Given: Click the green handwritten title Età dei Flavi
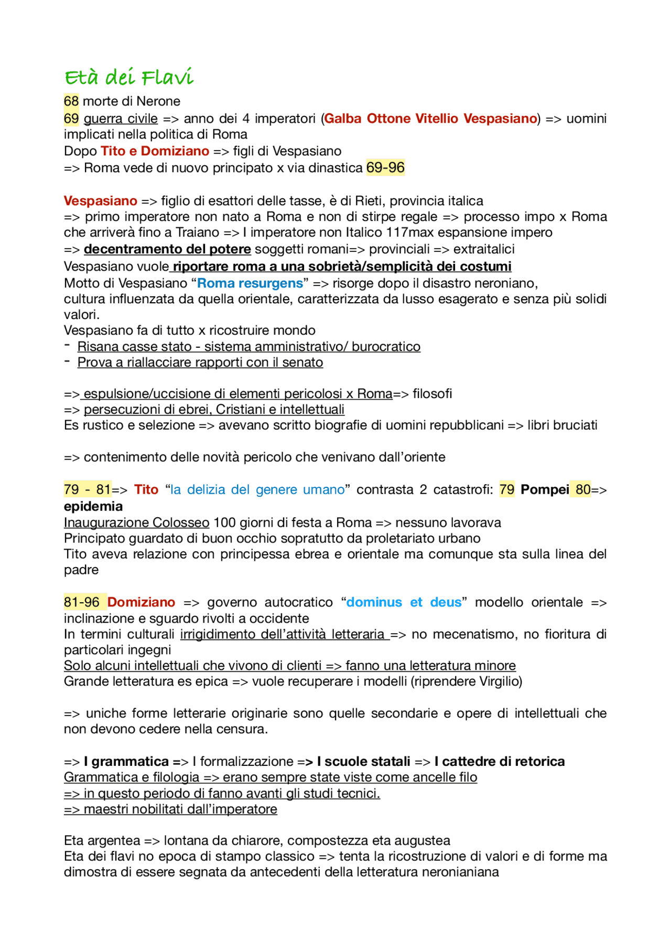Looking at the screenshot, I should click(x=129, y=78).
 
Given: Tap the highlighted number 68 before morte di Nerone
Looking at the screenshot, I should click(x=71, y=101).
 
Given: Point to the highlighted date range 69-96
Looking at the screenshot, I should click(x=385, y=168).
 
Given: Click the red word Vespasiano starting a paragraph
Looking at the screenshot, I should click(x=100, y=201).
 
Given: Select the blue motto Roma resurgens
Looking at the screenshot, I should click(x=250, y=283).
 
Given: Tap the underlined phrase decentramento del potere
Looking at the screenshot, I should click(x=167, y=249).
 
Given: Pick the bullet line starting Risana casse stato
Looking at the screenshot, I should click(x=248, y=347).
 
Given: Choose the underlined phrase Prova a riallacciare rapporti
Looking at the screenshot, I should click(x=200, y=362).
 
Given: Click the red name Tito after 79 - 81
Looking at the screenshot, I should click(x=146, y=489).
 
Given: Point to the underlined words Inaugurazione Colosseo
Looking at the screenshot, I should click(x=136, y=522).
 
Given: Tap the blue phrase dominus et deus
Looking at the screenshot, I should click(x=404, y=602).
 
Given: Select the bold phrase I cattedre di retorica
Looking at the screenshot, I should click(x=499, y=761).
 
